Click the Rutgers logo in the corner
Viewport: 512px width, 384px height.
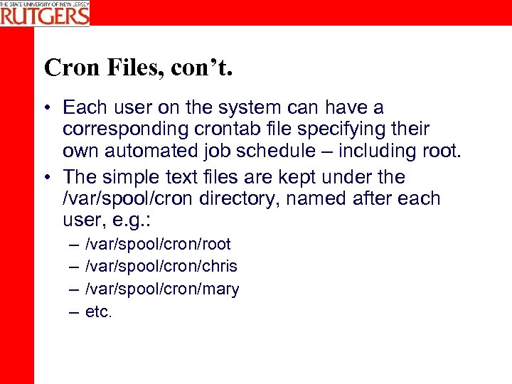(x=45, y=13)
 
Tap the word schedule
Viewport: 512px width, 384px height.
(x=280, y=151)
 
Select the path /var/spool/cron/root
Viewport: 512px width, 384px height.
(x=158, y=245)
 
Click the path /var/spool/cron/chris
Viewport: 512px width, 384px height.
(x=161, y=267)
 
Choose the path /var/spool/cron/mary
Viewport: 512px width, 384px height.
(x=162, y=289)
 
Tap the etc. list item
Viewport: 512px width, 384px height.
(x=99, y=311)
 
